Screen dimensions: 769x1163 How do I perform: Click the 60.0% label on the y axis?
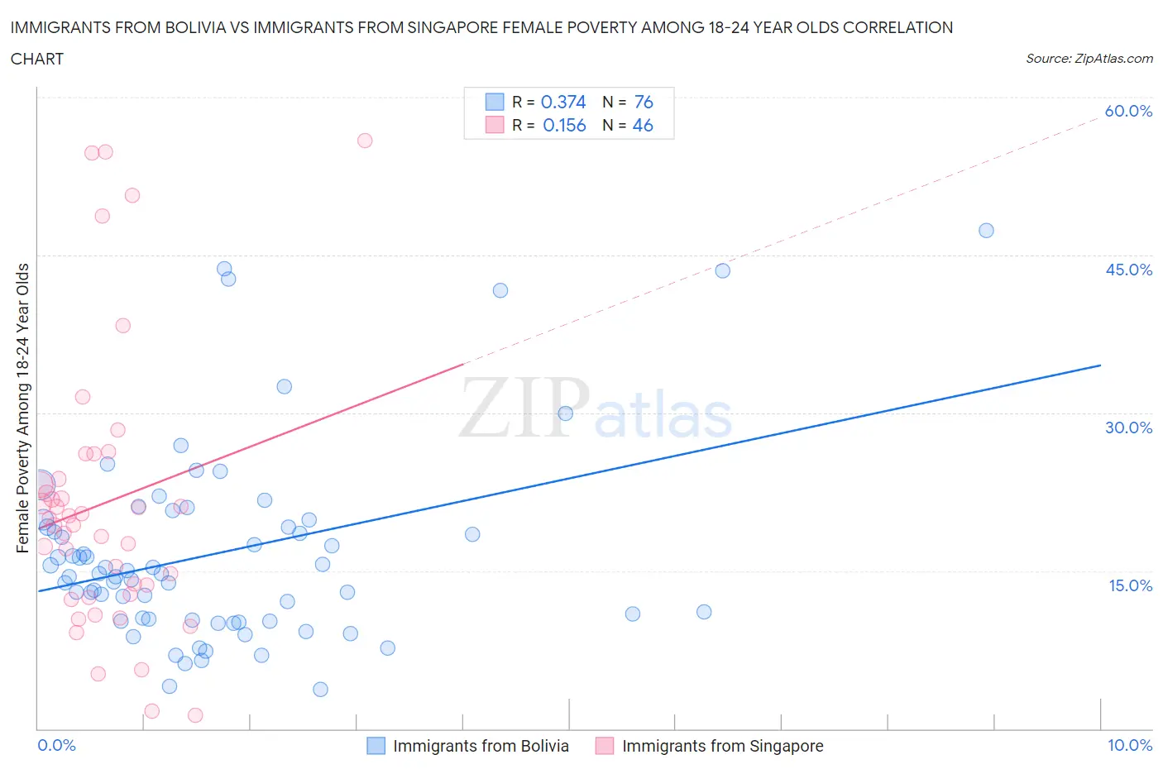[1128, 111]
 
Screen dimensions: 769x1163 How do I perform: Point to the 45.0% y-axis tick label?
[1128, 270]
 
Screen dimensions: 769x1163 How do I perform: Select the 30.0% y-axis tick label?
[1128, 427]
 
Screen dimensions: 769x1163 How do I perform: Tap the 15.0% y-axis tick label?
[1128, 585]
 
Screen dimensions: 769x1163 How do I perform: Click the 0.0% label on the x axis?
[56, 745]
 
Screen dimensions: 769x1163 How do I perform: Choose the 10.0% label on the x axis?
[1130, 745]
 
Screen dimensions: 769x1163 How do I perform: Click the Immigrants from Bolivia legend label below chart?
[481, 746]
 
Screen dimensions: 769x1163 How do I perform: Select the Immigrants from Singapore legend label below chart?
[722, 746]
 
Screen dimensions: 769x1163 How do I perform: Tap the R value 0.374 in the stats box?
[563, 102]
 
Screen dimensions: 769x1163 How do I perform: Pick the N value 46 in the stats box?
[643, 125]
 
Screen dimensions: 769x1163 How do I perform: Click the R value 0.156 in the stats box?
[564, 125]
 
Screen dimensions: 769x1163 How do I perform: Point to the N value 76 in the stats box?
[644, 102]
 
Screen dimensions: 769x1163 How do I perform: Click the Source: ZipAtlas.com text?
[1089, 58]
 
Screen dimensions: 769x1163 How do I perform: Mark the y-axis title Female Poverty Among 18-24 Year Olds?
[22, 408]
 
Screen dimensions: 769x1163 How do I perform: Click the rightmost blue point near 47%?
[986, 231]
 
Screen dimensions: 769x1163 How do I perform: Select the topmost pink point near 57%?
[365, 141]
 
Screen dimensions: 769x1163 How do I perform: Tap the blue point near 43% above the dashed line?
[722, 270]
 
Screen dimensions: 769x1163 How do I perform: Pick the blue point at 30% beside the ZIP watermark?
[566, 413]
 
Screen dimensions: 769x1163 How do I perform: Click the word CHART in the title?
[37, 59]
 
